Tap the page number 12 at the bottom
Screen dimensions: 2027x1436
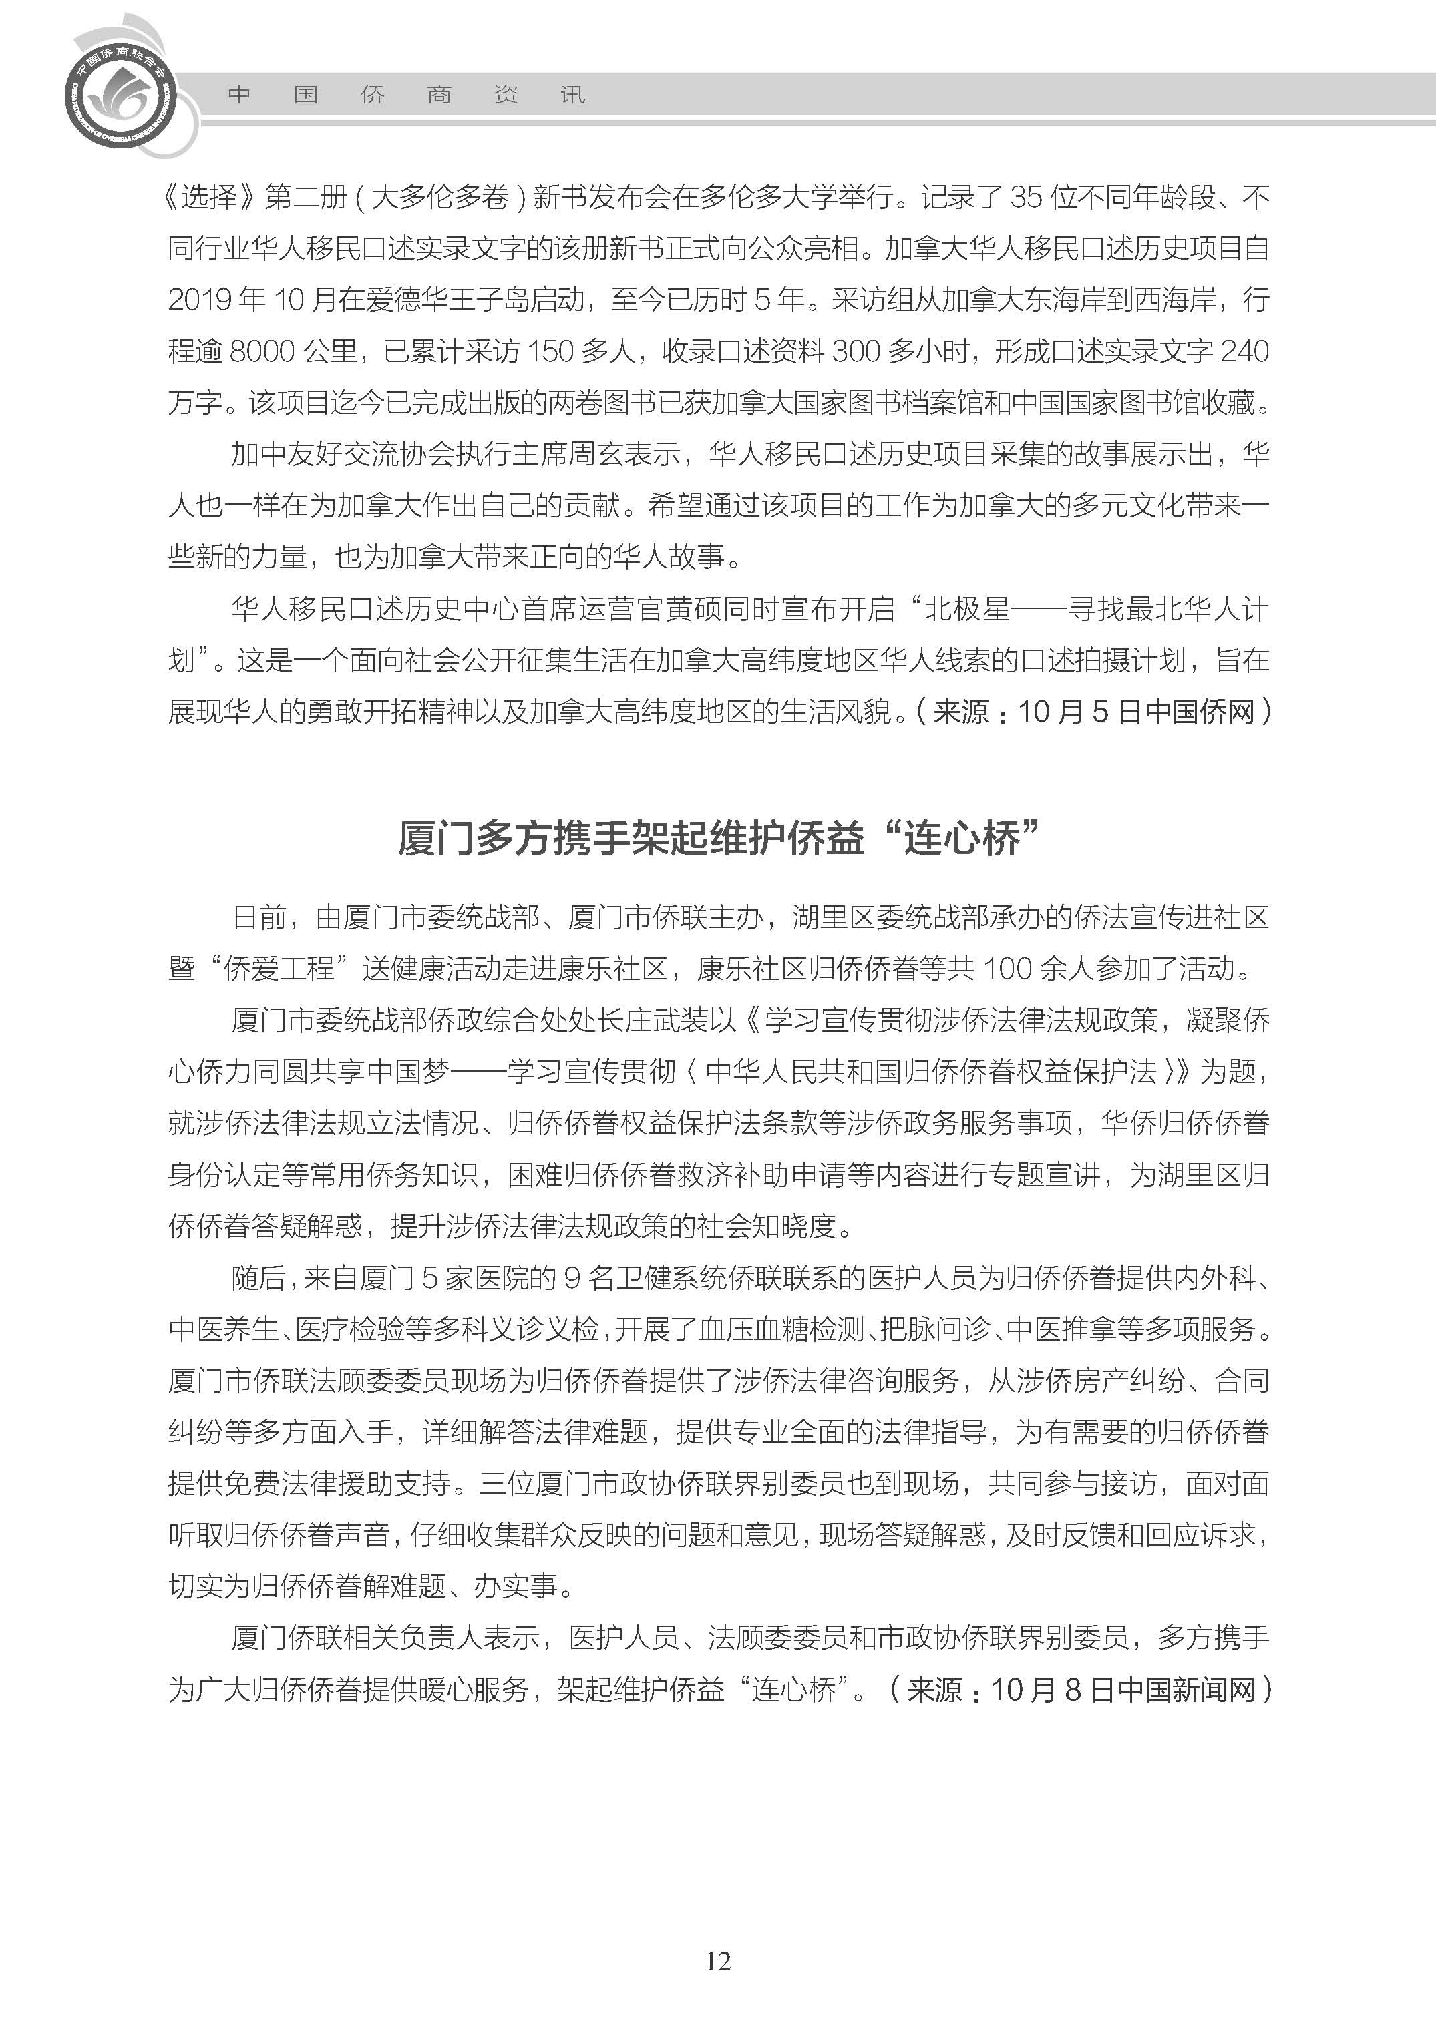tap(718, 1961)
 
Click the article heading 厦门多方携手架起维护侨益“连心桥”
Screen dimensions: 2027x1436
tap(718, 837)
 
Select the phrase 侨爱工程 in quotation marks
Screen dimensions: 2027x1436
tap(279, 969)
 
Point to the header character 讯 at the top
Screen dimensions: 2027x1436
tap(573, 95)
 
